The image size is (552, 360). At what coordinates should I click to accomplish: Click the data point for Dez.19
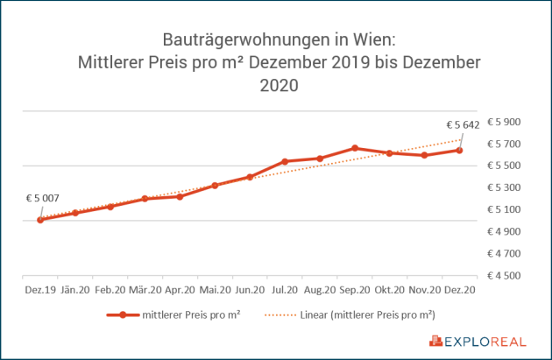tap(40, 220)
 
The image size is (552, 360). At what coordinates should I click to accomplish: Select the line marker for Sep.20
tap(355, 148)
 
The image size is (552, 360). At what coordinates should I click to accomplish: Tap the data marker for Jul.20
tap(285, 161)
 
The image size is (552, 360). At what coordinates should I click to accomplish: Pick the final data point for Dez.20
tap(459, 151)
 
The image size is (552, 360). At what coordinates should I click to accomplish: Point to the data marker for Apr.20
tap(180, 197)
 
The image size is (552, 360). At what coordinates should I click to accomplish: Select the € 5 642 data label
tap(462, 125)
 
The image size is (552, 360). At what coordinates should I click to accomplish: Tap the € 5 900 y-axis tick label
tap(504, 122)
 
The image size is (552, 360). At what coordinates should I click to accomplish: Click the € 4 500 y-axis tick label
tap(504, 276)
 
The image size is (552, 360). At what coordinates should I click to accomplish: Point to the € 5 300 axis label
tap(504, 187)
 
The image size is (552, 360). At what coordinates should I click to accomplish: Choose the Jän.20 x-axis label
tap(75, 288)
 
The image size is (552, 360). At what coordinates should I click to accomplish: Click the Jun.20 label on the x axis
tap(250, 288)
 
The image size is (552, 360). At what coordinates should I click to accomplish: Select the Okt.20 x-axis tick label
tap(389, 288)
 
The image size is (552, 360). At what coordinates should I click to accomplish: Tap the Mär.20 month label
tap(145, 288)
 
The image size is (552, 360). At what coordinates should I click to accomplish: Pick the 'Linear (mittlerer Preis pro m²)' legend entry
tap(368, 314)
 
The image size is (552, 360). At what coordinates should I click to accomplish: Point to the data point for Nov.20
tap(424, 155)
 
